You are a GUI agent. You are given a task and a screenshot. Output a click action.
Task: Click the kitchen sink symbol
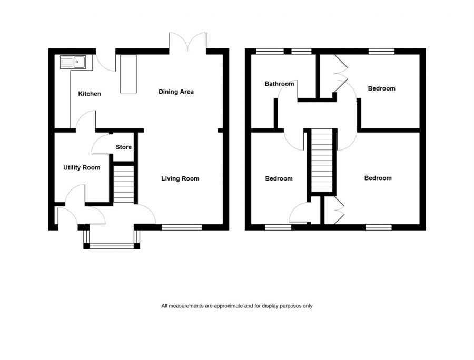click(x=76, y=63)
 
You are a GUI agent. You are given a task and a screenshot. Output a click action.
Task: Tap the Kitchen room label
click(x=90, y=94)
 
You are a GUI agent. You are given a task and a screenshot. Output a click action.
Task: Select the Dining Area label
click(x=176, y=92)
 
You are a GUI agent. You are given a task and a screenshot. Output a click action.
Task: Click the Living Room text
click(x=180, y=178)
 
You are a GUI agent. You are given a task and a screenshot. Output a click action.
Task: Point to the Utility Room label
click(x=82, y=167)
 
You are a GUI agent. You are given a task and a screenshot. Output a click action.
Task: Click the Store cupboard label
click(x=124, y=147)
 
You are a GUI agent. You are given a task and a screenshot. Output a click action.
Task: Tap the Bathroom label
click(x=279, y=84)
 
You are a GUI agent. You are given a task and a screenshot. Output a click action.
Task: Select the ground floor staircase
click(x=124, y=184)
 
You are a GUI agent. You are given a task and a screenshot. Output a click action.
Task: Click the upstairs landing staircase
click(x=322, y=161)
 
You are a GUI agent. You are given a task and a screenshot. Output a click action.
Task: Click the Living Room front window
click(x=182, y=227)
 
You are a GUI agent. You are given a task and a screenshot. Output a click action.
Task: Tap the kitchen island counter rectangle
click(x=128, y=74)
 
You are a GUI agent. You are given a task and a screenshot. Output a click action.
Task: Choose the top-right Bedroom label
click(x=381, y=88)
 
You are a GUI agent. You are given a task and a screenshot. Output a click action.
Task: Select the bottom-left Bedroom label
click(x=279, y=178)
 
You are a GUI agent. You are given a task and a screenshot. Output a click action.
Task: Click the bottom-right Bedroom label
click(x=378, y=178)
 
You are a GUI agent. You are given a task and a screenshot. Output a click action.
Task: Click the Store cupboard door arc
click(x=100, y=144)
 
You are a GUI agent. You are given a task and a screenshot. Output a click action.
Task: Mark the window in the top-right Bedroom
click(x=381, y=51)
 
